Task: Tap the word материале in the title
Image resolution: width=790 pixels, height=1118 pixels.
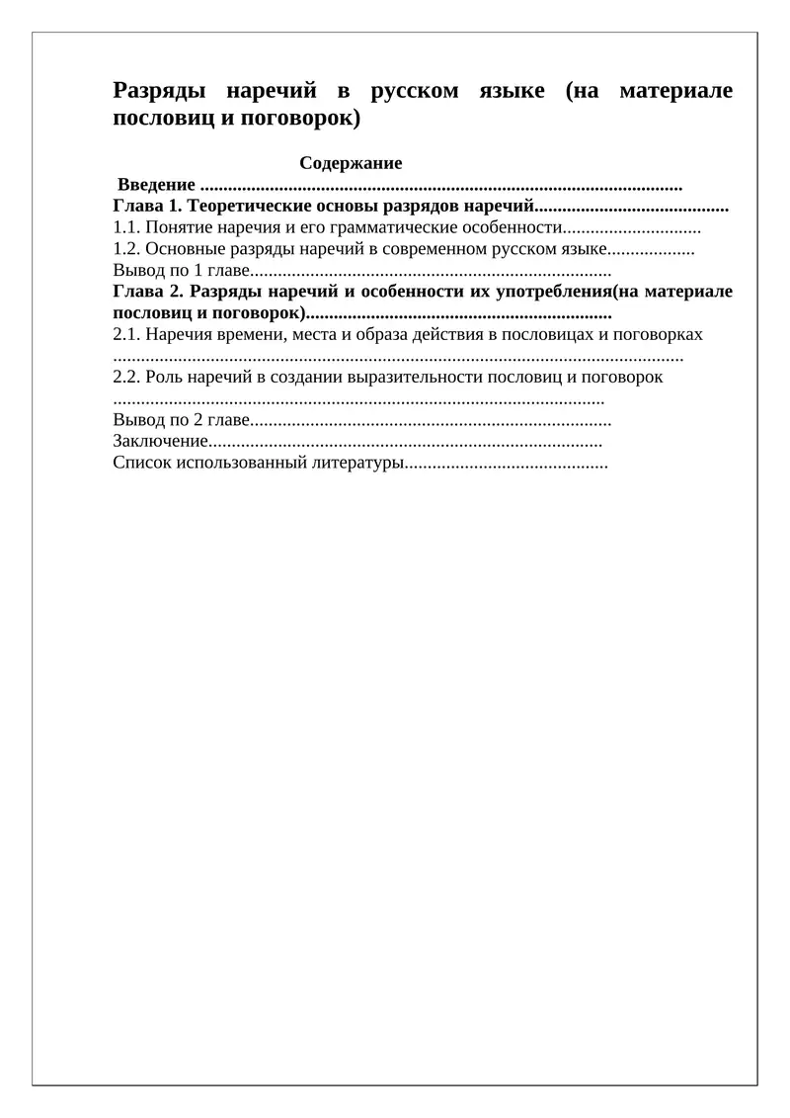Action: coord(676,92)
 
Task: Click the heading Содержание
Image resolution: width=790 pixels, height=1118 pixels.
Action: coord(351,164)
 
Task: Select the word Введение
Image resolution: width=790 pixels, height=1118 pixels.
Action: coord(156,186)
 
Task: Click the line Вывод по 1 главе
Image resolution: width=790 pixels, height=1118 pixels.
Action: coord(182,270)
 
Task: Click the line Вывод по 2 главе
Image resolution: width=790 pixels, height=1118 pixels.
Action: coord(182,419)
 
